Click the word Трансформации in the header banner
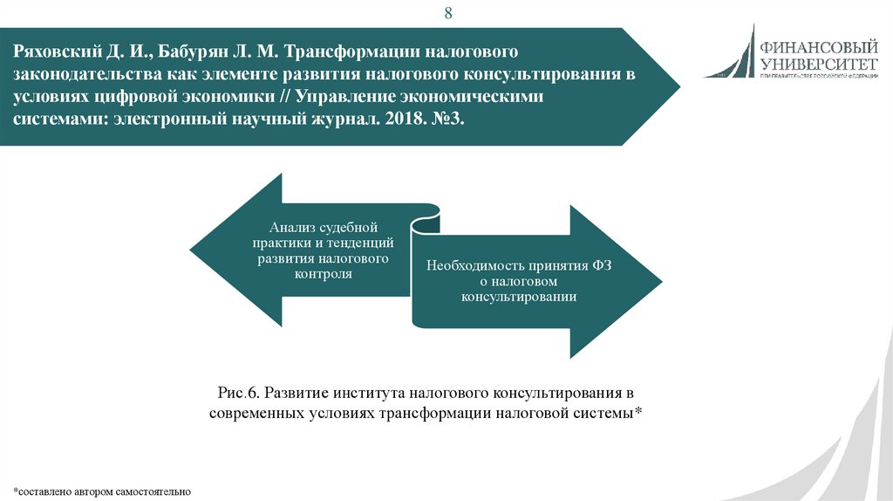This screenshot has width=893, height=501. [x=348, y=53]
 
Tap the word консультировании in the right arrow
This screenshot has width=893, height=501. [x=519, y=297]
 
